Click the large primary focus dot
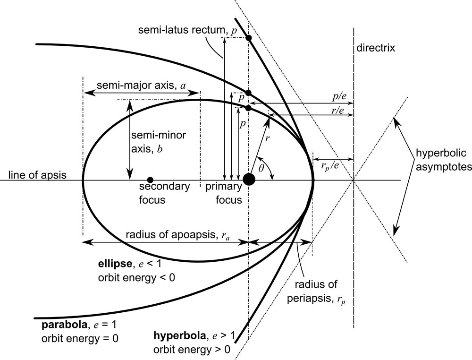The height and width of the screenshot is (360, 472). (x=249, y=180)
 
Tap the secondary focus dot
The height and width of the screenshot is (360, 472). (x=150, y=180)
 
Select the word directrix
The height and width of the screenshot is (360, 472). (x=376, y=48)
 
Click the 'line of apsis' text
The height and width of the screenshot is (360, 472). (x=33, y=175)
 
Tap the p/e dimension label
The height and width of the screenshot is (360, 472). (x=339, y=96)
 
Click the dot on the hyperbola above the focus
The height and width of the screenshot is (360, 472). (x=249, y=37)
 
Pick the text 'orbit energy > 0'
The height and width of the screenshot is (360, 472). (x=192, y=350)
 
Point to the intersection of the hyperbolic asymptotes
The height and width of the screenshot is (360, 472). (x=353, y=180)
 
